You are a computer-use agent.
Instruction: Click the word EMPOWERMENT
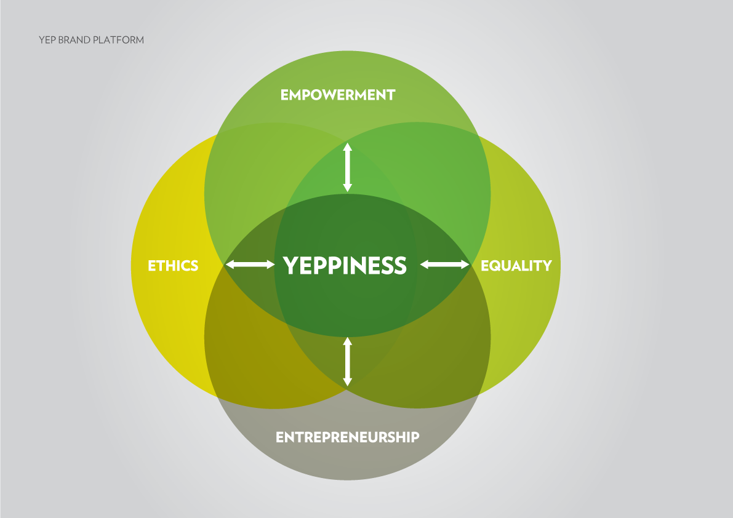[x=337, y=95]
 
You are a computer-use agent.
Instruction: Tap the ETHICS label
[x=173, y=266]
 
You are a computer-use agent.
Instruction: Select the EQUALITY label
[x=516, y=266]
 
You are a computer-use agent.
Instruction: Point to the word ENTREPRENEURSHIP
[x=347, y=437]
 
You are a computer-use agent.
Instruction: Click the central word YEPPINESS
[x=345, y=265]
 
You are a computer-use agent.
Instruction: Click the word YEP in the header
[x=47, y=41]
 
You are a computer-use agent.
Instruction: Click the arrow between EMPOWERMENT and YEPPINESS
[x=347, y=167]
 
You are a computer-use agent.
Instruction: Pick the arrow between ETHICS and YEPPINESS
[x=250, y=265]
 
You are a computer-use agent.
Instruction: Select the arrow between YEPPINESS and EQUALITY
[x=444, y=265]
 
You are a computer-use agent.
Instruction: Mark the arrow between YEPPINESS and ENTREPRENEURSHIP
[x=347, y=362]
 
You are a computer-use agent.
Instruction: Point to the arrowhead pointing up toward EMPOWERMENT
[x=347, y=147]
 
